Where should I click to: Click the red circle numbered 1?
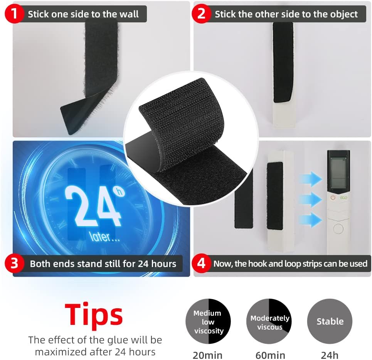coord(14,14)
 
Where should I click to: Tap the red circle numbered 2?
coord(201,14)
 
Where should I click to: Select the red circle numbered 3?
coord(14,263)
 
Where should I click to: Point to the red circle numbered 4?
coord(201,263)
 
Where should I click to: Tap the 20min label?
coord(208,355)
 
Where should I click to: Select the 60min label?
coord(270,355)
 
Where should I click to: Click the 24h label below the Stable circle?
coord(330,355)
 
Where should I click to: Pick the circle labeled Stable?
coord(330,321)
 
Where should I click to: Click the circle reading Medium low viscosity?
coord(208,321)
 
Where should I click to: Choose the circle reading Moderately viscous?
coord(269,321)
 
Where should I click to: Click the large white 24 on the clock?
coord(93,206)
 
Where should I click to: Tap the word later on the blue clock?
coord(99,237)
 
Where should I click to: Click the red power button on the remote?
coord(333,198)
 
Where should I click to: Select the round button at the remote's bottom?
coord(338,229)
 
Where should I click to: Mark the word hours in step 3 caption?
coord(164,264)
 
